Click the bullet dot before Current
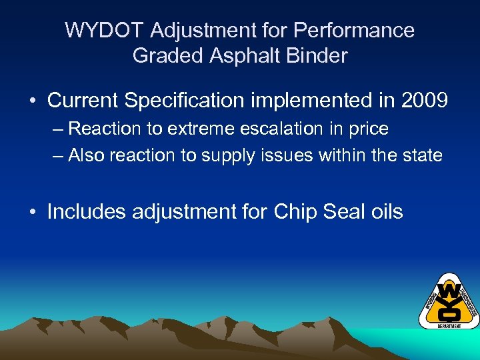[32, 101]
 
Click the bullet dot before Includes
[32, 213]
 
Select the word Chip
[296, 212]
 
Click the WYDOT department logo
[448, 301]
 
